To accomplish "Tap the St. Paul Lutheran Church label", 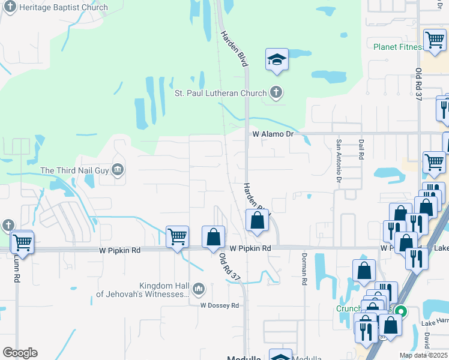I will click(x=220, y=93).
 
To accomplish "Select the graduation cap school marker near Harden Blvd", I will click(x=277, y=60).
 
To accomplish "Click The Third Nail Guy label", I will click(x=74, y=170).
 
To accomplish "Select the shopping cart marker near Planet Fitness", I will click(x=435, y=40).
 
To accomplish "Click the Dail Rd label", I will click(x=361, y=149).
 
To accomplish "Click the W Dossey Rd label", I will click(x=219, y=305).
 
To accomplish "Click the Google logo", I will click(x=20, y=352).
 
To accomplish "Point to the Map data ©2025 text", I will click(x=424, y=355).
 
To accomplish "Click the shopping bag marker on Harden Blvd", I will click(x=257, y=220).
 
